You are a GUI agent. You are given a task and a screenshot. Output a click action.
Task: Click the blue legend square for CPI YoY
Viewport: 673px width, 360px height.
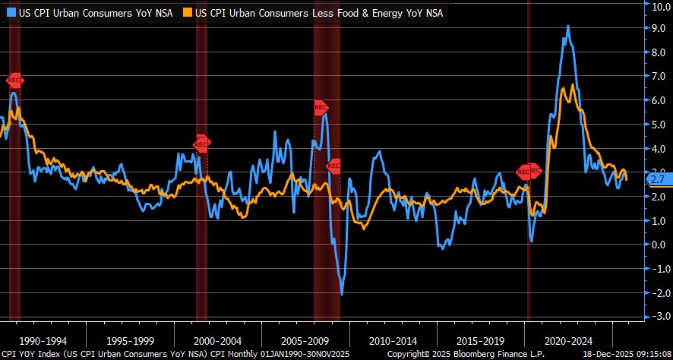pos(10,13)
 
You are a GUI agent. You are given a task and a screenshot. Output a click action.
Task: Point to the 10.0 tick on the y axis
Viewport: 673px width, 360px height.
pos(656,5)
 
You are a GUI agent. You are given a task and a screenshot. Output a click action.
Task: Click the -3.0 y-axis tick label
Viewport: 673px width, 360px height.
pos(656,316)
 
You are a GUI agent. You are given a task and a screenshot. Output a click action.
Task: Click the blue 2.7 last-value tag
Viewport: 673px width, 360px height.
pos(657,179)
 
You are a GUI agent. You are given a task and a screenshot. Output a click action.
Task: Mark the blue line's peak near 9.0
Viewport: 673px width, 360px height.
pos(568,27)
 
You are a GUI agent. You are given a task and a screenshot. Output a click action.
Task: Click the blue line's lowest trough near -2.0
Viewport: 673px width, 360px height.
pos(342,294)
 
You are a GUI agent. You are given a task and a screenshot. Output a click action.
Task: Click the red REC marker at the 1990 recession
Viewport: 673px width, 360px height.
pos(15,81)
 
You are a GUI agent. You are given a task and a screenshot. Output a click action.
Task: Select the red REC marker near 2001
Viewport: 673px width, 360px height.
pos(201,142)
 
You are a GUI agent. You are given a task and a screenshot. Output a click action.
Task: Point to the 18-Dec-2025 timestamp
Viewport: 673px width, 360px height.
pos(626,354)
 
